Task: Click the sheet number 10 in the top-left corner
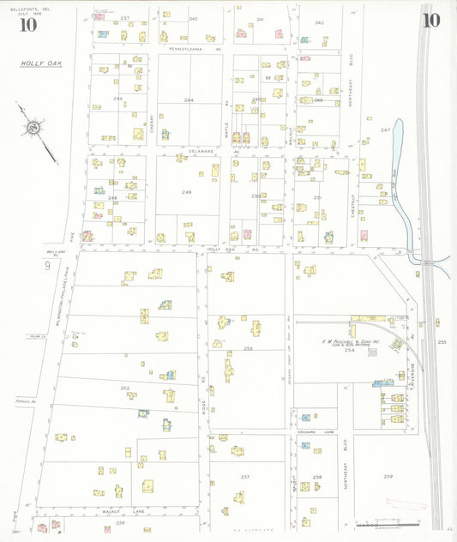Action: [27, 23]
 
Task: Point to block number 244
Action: [189, 100]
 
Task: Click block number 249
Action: [186, 192]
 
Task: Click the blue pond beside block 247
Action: [397, 146]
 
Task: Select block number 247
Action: [385, 129]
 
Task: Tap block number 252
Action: [125, 388]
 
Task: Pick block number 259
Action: [388, 476]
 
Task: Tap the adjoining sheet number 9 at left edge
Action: [47, 267]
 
